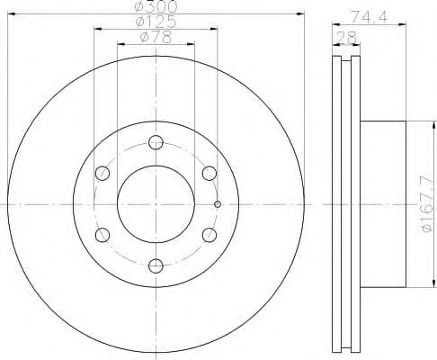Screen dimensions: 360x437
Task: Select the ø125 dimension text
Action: pyautogui.click(x=156, y=22)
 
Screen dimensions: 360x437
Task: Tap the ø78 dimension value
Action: pyautogui.click(x=156, y=37)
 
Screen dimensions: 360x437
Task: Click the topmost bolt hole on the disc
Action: pyautogui.click(x=156, y=141)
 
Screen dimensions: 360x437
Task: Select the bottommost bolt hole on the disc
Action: pyautogui.click(x=156, y=265)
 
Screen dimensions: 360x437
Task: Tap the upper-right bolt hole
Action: pyautogui.click(x=209, y=172)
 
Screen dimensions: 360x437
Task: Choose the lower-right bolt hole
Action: pyautogui.click(x=209, y=234)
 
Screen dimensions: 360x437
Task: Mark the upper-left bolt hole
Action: pyautogui.click(x=103, y=172)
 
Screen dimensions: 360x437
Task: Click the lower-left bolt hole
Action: pyautogui.click(x=103, y=234)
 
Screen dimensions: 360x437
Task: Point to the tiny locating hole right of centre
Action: pyautogui.click(x=217, y=203)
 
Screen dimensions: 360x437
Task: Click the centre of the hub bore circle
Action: pyautogui.click(x=156, y=203)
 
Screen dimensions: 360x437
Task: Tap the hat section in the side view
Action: pyautogui.click(x=382, y=203)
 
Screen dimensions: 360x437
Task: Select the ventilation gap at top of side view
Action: pyautogui.click(x=344, y=63)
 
